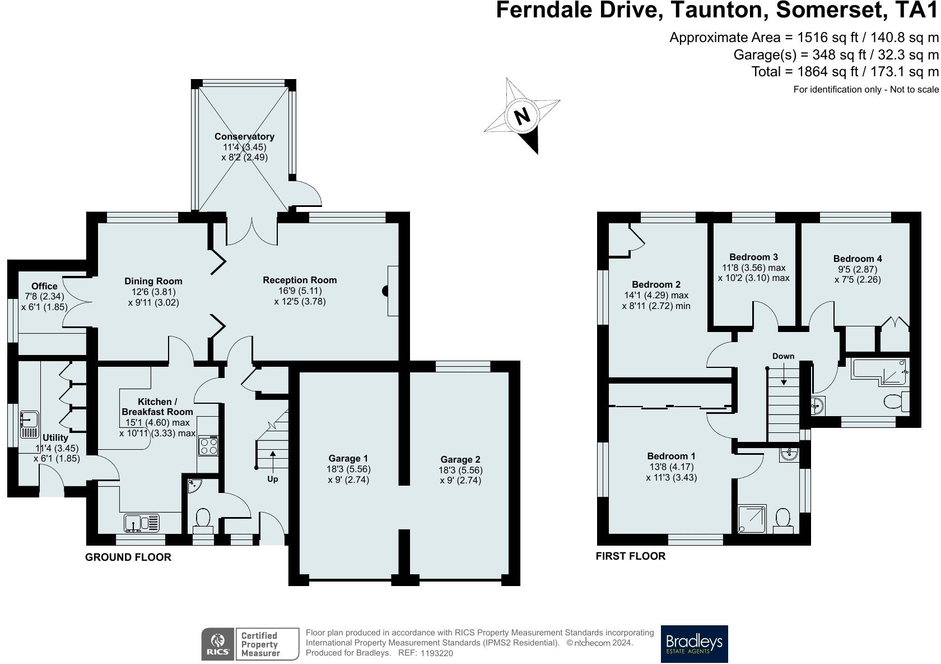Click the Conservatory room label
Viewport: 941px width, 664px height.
point(244,136)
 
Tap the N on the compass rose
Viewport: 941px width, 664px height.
point(522,116)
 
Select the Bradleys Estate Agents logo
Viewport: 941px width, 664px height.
point(694,644)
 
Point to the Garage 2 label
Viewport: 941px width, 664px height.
point(460,459)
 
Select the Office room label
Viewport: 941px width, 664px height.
point(44,286)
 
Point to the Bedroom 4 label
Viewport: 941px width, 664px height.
point(857,259)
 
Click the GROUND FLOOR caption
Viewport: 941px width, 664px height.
point(128,557)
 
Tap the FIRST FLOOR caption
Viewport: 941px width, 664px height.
point(630,556)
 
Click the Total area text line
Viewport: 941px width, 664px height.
point(845,72)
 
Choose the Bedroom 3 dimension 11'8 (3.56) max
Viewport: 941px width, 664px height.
point(753,268)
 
